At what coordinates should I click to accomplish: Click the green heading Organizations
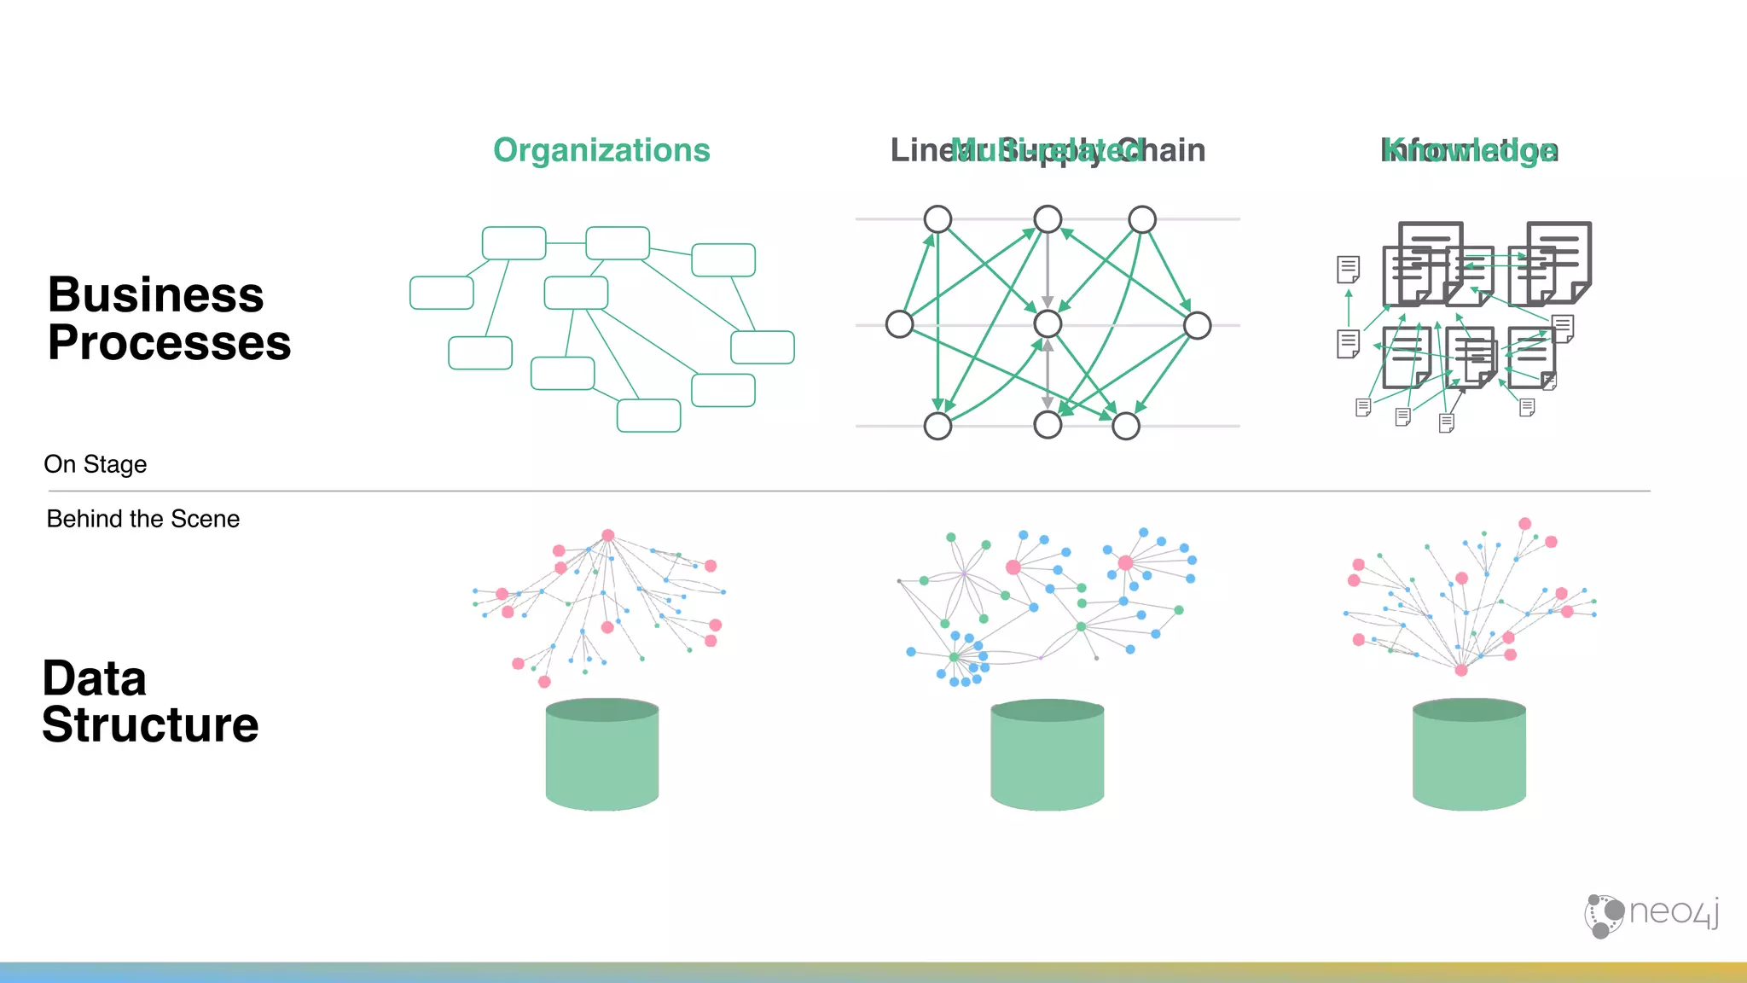point(601,151)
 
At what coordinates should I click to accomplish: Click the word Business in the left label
point(155,295)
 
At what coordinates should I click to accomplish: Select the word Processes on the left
point(169,343)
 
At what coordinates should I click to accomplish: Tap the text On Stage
point(96,464)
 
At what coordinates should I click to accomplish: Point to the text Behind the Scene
point(143,519)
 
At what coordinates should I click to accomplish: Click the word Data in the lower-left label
point(95,679)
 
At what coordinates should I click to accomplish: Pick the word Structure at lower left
point(150,725)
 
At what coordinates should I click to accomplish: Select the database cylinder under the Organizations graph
point(602,754)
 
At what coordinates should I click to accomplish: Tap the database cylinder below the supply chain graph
point(1048,754)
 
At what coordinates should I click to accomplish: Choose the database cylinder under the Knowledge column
point(1469,754)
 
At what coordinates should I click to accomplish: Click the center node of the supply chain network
point(1048,324)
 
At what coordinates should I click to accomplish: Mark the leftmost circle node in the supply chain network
point(900,324)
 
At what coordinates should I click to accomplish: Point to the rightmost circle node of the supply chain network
point(1198,325)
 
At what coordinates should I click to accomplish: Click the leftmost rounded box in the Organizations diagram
point(442,293)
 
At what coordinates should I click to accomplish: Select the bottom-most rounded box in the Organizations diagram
point(649,416)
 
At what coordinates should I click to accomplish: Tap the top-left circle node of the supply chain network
point(938,219)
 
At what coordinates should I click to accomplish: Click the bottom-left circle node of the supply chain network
point(938,426)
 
